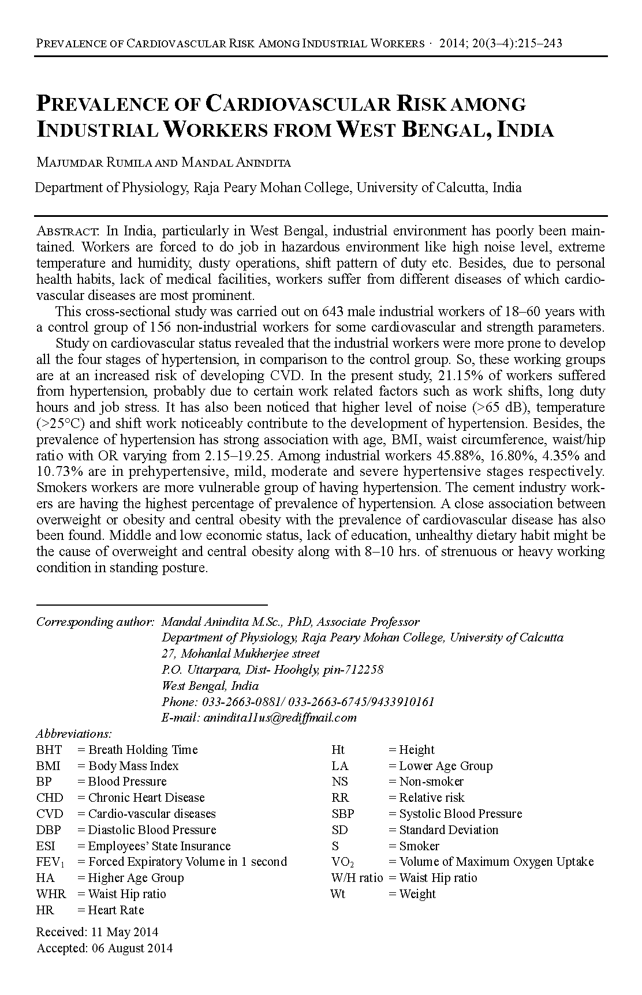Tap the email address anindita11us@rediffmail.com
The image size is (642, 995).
point(278,718)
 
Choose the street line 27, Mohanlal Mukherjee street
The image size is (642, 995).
point(241,654)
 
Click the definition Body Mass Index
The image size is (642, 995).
point(133,766)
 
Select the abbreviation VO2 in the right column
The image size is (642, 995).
point(343,862)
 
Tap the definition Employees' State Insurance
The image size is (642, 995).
point(159,846)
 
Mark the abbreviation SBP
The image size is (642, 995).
point(343,814)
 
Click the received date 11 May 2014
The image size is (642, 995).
point(123,932)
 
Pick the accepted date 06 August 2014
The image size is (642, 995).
point(132,948)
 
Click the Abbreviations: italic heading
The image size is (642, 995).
point(74,734)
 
